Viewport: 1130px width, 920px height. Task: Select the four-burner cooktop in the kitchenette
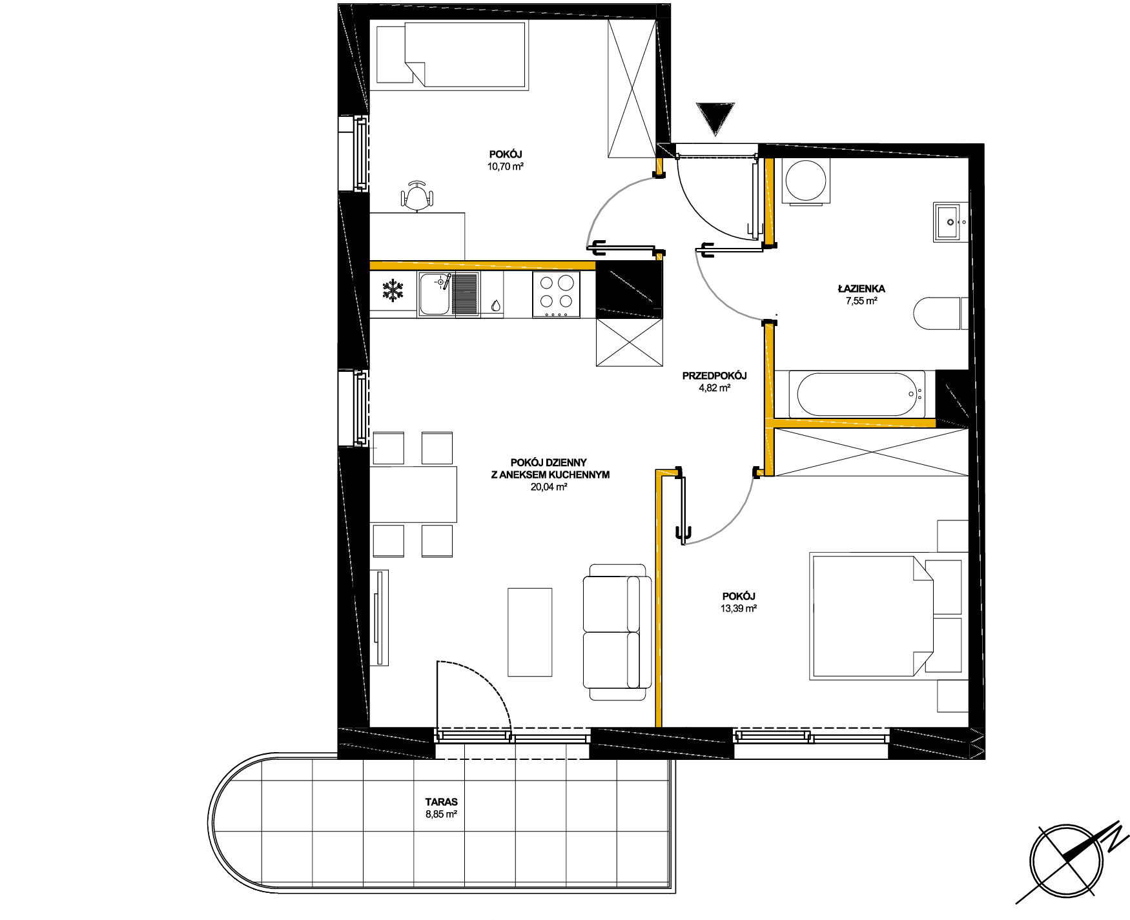556,294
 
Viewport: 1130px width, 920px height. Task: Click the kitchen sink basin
435,294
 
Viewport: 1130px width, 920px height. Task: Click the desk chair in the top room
416,196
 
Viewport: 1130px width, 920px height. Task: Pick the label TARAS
442,802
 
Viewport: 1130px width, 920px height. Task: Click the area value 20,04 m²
549,487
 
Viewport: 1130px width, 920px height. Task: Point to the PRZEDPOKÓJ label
715,376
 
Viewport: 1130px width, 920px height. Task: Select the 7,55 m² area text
861,300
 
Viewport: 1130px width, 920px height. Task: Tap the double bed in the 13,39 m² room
872,616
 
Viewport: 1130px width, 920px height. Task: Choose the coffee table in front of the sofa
530,632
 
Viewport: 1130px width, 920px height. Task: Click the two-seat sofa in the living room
617,632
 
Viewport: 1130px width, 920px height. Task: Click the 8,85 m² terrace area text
442,815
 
